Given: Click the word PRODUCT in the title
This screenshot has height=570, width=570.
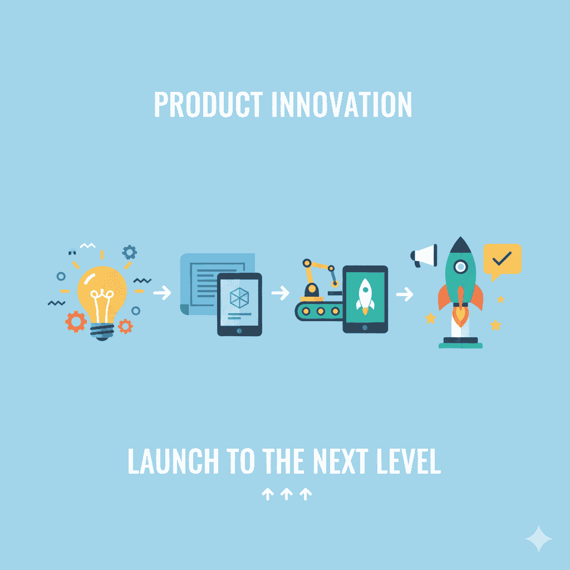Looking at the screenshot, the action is [208, 104].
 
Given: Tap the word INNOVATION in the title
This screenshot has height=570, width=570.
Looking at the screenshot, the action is [342, 104].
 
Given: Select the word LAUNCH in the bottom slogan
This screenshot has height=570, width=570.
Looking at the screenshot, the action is [174, 461].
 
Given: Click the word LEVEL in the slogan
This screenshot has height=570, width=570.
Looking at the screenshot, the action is [409, 461].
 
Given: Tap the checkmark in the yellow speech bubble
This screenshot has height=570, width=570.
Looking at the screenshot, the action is [502, 258].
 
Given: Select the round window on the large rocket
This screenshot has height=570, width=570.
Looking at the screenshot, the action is [460, 267].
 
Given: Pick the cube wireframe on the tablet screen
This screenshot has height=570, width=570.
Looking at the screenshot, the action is [239, 298].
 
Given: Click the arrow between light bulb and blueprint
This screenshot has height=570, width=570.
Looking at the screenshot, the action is [162, 293].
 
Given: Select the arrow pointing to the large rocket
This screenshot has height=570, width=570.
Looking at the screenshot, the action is [405, 294].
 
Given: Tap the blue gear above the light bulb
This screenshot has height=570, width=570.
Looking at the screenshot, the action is [129, 252].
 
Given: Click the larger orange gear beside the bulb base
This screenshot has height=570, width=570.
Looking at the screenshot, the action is [76, 322].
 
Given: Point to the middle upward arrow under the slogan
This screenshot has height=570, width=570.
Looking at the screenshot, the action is [287, 494].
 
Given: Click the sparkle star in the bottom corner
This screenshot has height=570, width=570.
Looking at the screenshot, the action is [538, 538].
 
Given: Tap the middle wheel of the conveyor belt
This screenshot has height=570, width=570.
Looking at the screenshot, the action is [321, 311].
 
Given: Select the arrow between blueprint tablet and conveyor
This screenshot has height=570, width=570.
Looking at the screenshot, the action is [281, 293].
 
